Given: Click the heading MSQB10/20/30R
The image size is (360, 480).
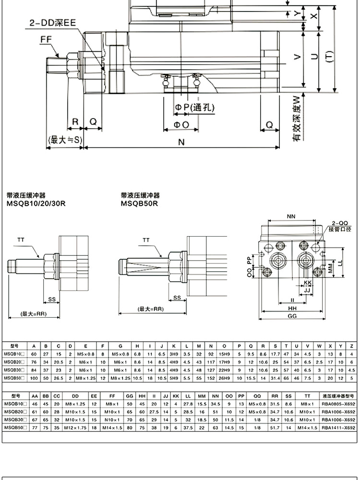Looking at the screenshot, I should pos(36,203).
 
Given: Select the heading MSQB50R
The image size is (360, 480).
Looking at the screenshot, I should pos(139,203).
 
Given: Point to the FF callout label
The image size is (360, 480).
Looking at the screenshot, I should pos(46,41).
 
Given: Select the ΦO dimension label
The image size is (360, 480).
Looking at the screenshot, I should pos(181,124).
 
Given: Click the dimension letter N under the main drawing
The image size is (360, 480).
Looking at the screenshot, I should pos(181,142).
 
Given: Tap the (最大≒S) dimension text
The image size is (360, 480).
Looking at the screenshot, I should pos(65,140).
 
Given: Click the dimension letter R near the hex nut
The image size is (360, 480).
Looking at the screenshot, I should pos(75,122).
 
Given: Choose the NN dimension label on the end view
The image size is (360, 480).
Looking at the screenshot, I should pos(291,216).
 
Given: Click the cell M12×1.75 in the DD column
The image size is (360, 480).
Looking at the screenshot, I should pos(75,427).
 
